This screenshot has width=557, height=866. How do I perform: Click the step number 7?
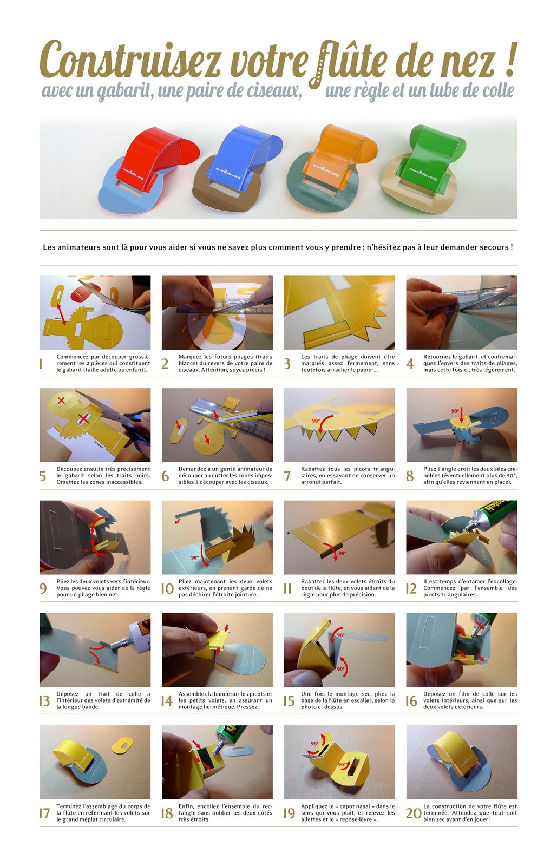[287, 476]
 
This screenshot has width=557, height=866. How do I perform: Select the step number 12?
[411, 588]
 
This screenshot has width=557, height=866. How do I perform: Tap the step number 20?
[413, 813]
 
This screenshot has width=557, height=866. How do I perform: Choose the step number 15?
[289, 701]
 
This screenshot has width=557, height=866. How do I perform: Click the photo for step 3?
[339, 312]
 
